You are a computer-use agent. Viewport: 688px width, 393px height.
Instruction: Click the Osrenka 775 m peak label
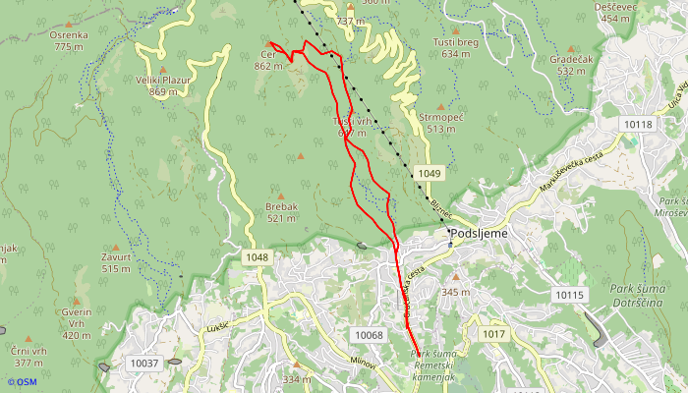(x=70, y=40)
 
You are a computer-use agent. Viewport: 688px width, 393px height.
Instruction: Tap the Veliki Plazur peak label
(x=163, y=85)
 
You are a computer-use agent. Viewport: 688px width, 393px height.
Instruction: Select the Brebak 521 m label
(x=281, y=212)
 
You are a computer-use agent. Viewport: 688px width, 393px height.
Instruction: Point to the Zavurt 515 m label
(x=116, y=262)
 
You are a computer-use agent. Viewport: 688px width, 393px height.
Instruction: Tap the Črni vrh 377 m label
(x=29, y=356)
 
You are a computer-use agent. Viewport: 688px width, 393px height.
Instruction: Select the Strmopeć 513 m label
(x=439, y=122)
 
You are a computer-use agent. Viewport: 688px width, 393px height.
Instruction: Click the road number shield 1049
(x=429, y=174)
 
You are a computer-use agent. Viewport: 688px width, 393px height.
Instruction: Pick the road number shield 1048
(x=257, y=257)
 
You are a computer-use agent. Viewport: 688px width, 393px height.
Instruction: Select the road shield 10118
(x=637, y=124)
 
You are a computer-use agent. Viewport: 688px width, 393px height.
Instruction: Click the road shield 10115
(x=568, y=295)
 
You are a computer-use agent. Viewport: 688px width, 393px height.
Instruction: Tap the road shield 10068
(x=369, y=335)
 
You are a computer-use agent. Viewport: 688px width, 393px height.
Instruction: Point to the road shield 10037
(x=144, y=364)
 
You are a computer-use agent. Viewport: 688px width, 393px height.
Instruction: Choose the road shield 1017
(x=493, y=335)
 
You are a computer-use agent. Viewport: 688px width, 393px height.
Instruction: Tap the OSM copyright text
(x=22, y=382)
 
